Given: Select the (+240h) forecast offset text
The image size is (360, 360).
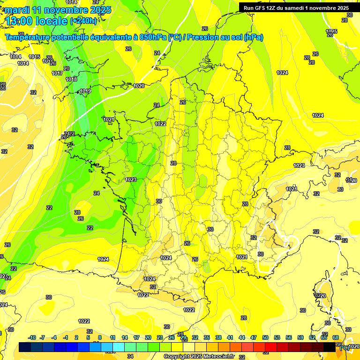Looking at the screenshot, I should (83, 21).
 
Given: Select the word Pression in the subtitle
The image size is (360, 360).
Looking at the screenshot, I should (201, 37).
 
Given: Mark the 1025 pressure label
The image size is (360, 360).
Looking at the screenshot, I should (331, 31).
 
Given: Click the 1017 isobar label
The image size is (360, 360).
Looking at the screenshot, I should (57, 74).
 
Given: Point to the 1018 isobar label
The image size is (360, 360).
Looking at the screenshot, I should (71, 79).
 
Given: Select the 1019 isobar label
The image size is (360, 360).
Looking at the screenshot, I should (85, 91).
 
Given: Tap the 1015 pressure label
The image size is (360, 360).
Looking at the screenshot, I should (34, 57).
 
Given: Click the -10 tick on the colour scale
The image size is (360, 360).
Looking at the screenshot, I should (32, 337).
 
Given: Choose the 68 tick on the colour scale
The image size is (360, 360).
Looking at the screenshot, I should (336, 337).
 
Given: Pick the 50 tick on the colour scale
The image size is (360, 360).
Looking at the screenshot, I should (265, 337).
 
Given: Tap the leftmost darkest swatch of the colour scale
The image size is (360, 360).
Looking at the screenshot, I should (25, 347).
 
